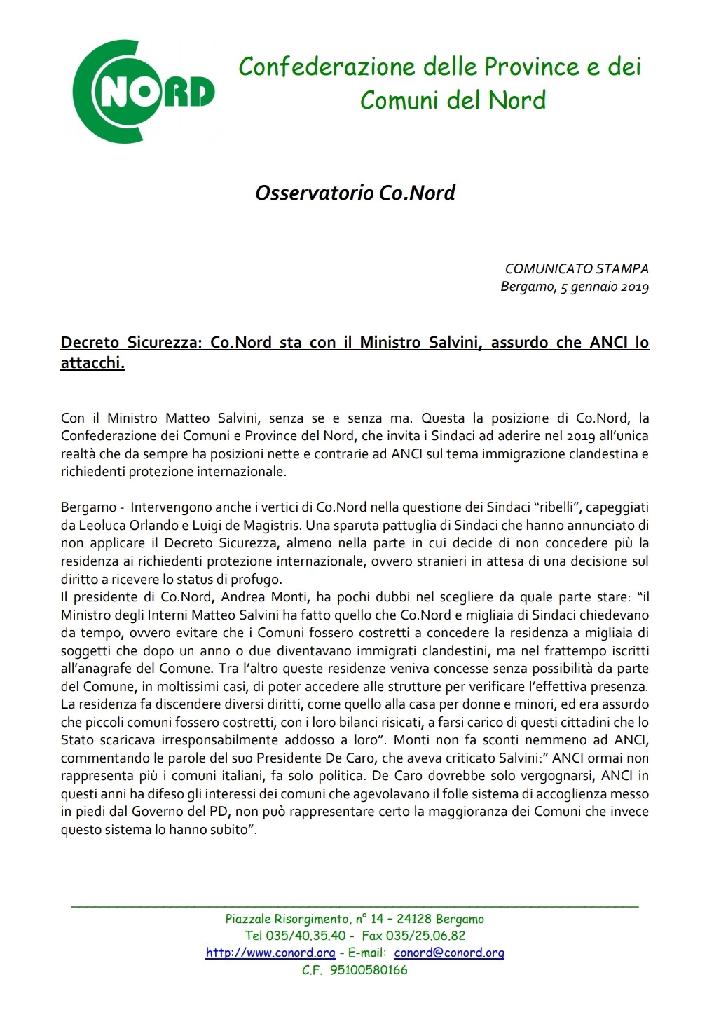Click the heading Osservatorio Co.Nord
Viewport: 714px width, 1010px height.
click(x=355, y=193)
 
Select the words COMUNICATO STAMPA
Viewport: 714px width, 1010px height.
click(x=577, y=268)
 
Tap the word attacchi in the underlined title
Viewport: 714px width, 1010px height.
click(x=92, y=364)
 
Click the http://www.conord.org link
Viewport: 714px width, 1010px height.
click(x=270, y=953)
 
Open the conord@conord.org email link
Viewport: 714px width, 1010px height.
click(x=449, y=953)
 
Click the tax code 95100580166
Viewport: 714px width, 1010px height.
click(x=369, y=971)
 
